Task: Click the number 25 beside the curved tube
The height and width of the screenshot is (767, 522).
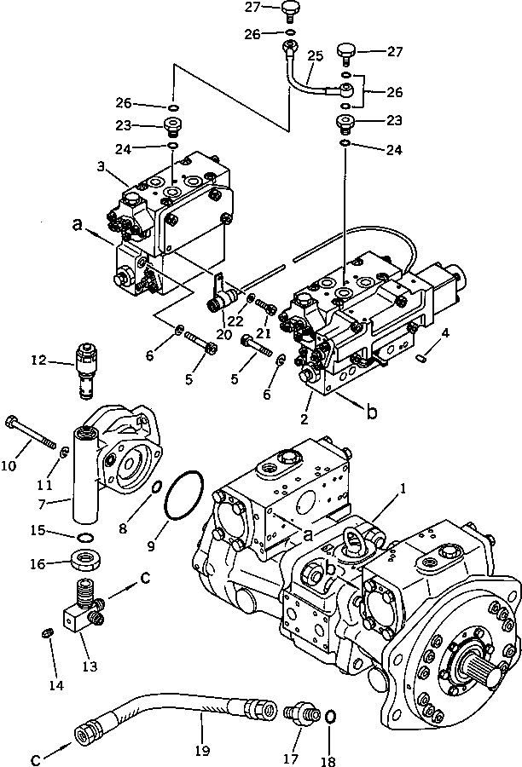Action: [315, 55]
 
